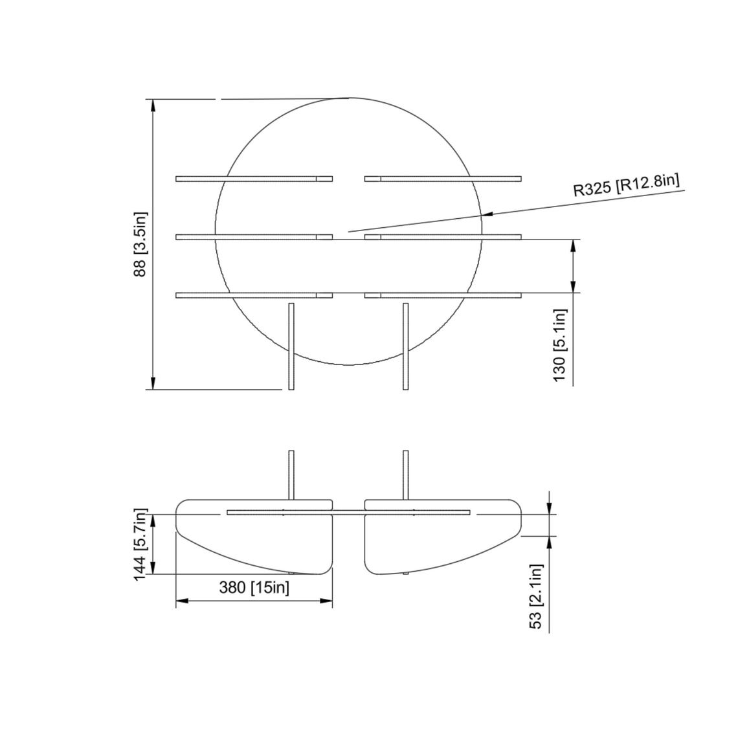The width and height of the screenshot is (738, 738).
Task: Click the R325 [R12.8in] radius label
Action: (x=626, y=185)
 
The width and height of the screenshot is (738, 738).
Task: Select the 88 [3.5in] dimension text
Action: (x=140, y=244)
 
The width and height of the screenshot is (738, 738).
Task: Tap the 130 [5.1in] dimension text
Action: (x=559, y=344)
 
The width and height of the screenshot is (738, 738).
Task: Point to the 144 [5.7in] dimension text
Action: (x=140, y=544)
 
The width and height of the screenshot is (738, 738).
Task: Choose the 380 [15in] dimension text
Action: (x=254, y=588)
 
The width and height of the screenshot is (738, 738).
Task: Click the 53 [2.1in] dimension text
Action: (x=535, y=596)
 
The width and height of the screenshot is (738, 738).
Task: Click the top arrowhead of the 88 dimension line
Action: (x=153, y=106)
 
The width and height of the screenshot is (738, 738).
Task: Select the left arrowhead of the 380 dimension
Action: (x=182, y=601)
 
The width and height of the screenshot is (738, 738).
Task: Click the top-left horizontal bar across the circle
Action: (x=254, y=179)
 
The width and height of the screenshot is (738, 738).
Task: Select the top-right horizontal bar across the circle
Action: (x=443, y=179)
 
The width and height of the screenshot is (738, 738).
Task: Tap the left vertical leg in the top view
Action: (x=291, y=346)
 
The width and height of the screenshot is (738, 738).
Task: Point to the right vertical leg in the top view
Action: (x=406, y=346)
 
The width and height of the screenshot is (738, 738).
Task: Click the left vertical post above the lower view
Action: (x=291, y=474)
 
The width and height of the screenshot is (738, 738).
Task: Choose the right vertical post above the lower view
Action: (x=406, y=474)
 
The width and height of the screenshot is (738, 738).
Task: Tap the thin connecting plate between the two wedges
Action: (x=348, y=513)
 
